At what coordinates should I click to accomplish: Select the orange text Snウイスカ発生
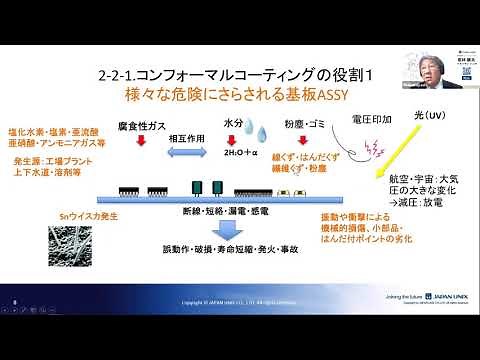tap(79, 215)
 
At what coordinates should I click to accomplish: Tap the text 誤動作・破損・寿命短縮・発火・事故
tap(233, 249)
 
